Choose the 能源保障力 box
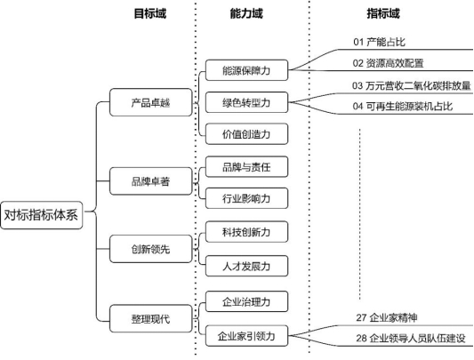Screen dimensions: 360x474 pos(245,70)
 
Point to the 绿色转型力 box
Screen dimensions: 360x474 pos(245,103)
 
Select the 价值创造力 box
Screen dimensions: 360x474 pos(245,135)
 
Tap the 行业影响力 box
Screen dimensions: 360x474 pos(245,197)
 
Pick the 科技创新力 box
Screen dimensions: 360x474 pos(245,234)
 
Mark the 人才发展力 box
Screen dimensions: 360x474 pos(245,266)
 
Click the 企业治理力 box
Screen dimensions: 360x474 pos(245,302)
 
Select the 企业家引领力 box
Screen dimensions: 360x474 pos(245,337)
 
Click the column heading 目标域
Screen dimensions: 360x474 pos(149,14)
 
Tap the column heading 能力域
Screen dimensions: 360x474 pos(246,14)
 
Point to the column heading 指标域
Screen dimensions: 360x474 pos(384,14)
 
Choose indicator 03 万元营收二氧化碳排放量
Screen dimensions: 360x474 pos(411,85)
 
